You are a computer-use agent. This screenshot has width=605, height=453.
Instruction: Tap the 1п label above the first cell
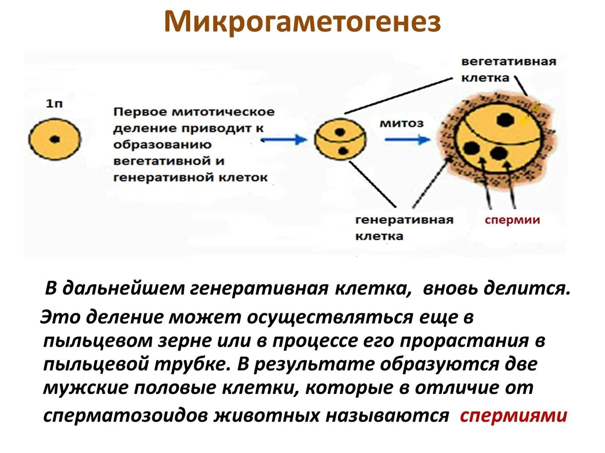tap(55, 104)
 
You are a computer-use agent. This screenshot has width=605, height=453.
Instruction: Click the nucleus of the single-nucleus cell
tap(55, 139)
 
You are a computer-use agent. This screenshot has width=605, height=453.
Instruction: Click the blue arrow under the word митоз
tap(408, 139)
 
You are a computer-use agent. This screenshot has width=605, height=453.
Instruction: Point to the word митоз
tap(401, 124)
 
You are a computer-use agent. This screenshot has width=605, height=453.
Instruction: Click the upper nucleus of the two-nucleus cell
tap(340, 132)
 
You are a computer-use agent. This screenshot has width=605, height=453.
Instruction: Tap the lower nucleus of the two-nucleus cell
tap(342, 151)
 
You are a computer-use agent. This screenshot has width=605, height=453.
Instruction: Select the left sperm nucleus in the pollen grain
tap(472, 148)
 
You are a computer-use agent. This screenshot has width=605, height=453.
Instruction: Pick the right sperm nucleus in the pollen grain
tap(499, 153)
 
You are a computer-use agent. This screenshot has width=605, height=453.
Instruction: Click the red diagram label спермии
tap(512, 220)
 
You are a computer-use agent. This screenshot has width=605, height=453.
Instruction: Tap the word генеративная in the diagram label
tap(404, 220)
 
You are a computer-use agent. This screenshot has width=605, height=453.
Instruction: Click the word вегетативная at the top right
tap(509, 62)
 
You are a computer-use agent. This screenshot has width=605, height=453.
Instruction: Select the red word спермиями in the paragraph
tap(513, 415)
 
